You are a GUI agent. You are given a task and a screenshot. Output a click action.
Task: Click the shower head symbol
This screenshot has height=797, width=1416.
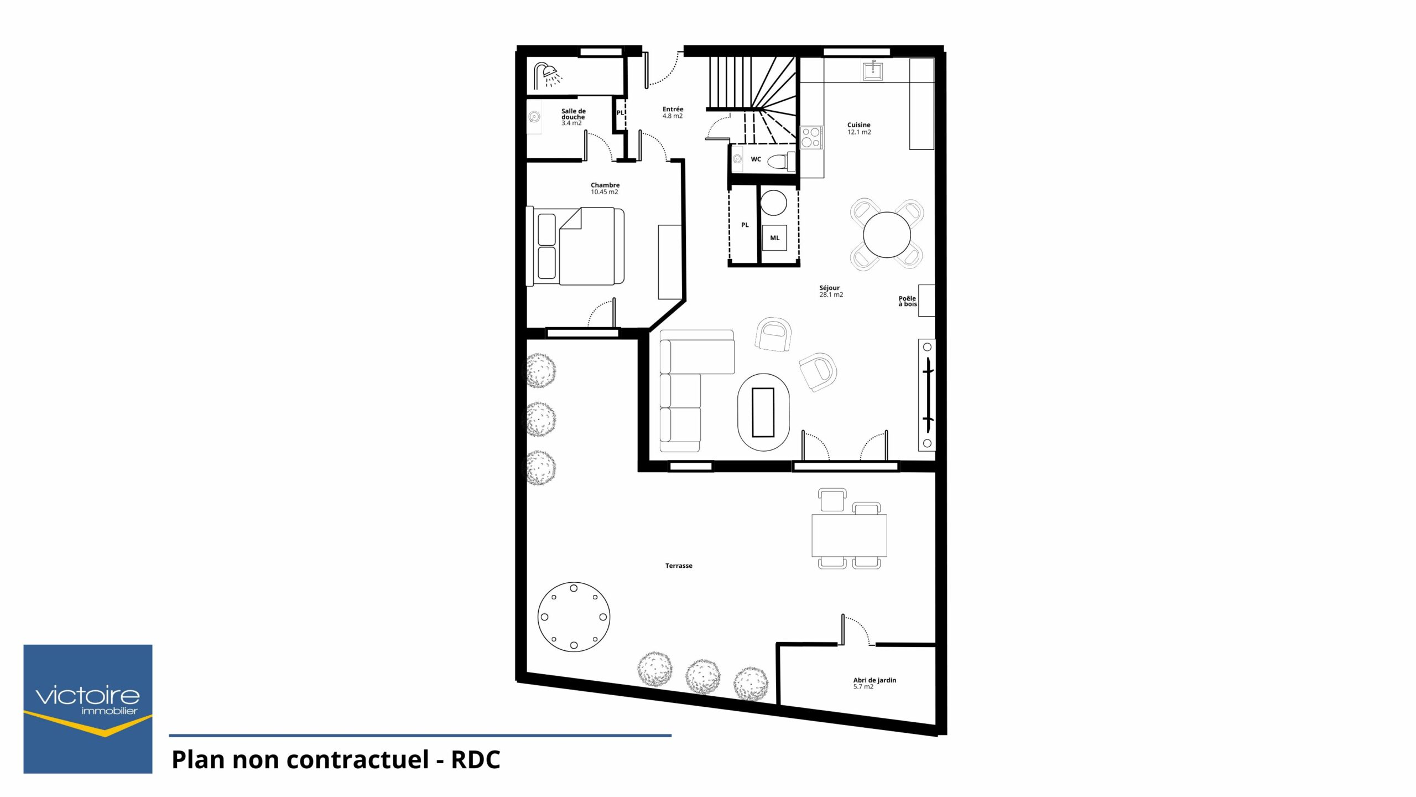[548, 76]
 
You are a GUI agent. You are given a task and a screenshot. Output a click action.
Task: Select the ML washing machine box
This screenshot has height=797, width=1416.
[774, 238]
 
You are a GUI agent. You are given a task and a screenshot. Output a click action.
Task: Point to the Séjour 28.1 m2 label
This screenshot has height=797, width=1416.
[831, 291]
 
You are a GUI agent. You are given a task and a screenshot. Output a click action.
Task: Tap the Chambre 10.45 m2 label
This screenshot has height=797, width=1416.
[605, 188]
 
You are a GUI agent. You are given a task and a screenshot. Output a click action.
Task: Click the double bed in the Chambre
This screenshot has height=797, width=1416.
[575, 246]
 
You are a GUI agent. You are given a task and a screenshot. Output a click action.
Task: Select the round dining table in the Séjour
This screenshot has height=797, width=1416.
[887, 235]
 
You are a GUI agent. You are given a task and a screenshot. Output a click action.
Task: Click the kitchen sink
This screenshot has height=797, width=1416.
[873, 70]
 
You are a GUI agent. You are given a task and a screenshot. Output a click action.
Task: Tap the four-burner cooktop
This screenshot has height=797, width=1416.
[811, 137]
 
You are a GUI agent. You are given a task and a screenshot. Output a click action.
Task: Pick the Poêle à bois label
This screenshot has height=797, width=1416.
[907, 301]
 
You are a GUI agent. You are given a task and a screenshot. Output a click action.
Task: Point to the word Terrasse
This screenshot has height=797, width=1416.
[679, 566]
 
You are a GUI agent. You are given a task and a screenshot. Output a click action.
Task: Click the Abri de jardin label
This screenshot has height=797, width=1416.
[874, 683]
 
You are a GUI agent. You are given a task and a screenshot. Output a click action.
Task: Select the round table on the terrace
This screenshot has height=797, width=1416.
[574, 616]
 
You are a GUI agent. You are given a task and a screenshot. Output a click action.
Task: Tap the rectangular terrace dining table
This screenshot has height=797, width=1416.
[849, 535]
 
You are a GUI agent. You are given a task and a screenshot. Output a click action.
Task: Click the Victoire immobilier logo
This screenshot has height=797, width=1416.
[87, 709]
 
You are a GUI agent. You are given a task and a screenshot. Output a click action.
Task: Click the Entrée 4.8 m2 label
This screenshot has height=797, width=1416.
[673, 112]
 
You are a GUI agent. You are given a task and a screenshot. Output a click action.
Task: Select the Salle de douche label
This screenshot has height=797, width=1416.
[573, 117]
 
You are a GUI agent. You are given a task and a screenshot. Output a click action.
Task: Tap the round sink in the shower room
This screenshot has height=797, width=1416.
[534, 117]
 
